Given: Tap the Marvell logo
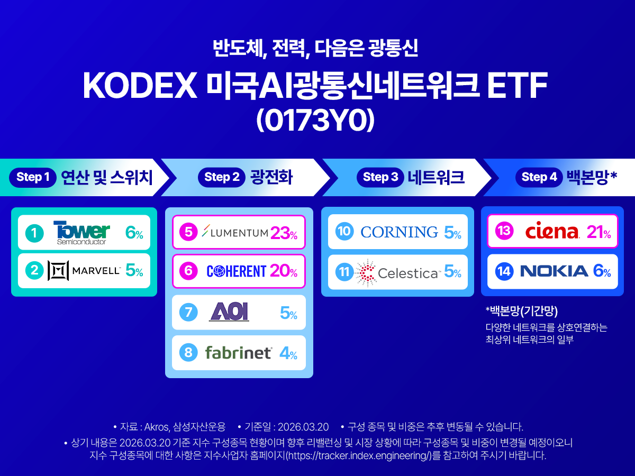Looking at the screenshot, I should pyautogui.click(x=85, y=271).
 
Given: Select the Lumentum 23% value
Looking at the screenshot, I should pyautogui.click(x=284, y=233).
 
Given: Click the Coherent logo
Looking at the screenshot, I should pyautogui.click(x=236, y=271).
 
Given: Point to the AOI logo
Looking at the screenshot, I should pyautogui.click(x=229, y=313).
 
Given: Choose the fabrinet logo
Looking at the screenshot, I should pyautogui.click(x=239, y=352).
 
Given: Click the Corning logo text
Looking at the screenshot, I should pyautogui.click(x=399, y=232).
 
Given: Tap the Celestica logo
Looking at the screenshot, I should pyautogui.click(x=397, y=272).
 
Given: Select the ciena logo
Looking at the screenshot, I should pyautogui.click(x=552, y=232).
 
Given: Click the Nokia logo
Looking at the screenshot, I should pyautogui.click(x=554, y=272).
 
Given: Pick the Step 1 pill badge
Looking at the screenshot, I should pyautogui.click(x=33, y=177).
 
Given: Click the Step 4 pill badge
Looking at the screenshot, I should pyautogui.click(x=539, y=177).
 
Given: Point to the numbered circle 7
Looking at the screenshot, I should pyautogui.click(x=188, y=313).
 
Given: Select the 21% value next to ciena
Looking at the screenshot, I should pyautogui.click(x=599, y=232).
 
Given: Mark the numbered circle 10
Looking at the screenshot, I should pyautogui.click(x=344, y=232).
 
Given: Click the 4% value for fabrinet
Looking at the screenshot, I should pyautogui.click(x=288, y=353).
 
